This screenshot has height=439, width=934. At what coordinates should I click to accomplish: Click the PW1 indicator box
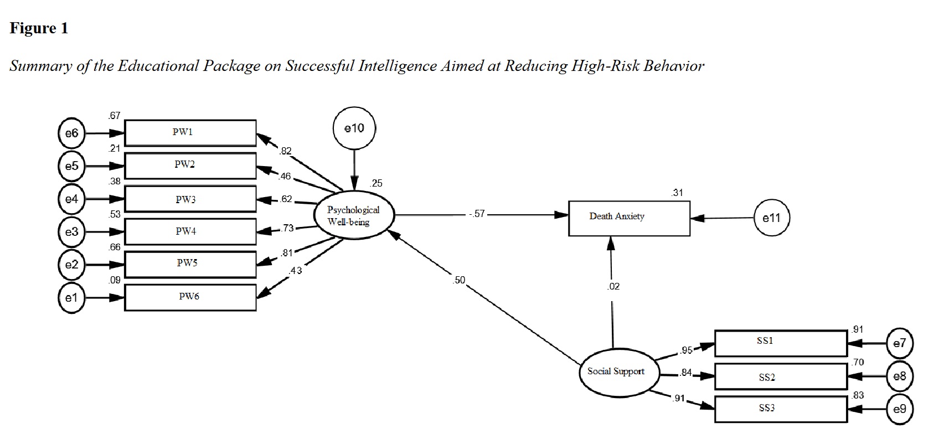pos(190,133)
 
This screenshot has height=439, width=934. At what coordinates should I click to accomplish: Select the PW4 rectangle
pos(190,231)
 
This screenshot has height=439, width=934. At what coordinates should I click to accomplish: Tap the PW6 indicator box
pos(190,297)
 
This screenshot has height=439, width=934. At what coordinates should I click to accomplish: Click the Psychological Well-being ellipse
pos(354,215)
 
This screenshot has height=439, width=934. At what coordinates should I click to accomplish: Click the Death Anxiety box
pos(629,218)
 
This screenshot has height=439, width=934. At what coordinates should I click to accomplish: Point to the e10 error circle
pos(354,128)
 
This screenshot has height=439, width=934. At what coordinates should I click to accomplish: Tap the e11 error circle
pos(772,218)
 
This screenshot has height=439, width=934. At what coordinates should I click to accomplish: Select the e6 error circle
pos(71,133)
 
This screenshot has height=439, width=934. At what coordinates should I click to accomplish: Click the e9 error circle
pos(900,409)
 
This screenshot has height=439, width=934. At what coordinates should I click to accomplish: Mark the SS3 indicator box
pos(781,409)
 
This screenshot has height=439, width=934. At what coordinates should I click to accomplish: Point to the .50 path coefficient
pos(459,280)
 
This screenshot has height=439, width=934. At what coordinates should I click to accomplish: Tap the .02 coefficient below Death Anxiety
pos(613,286)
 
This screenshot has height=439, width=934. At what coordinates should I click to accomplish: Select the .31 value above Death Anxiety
pos(677,193)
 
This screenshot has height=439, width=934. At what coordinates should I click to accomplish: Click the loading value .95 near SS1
pos(687,350)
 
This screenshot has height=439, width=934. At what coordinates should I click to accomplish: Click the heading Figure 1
pos(39,28)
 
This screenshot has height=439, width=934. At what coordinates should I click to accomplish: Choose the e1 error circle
pos(71,298)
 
